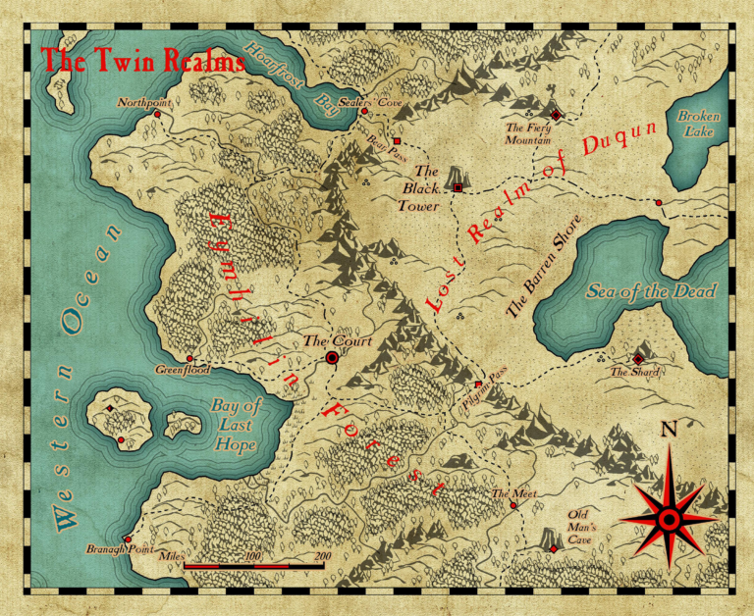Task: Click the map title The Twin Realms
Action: click(143, 60)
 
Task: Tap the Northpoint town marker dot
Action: click(157, 115)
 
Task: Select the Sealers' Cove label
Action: click(370, 101)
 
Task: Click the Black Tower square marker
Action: click(458, 186)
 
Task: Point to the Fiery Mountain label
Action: click(528, 133)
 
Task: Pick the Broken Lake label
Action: click(698, 123)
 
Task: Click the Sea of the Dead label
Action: click(651, 291)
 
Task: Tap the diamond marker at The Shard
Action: click(639, 359)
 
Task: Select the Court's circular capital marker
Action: click(332, 358)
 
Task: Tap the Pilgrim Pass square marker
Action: click(479, 384)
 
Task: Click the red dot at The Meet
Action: click(513, 506)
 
